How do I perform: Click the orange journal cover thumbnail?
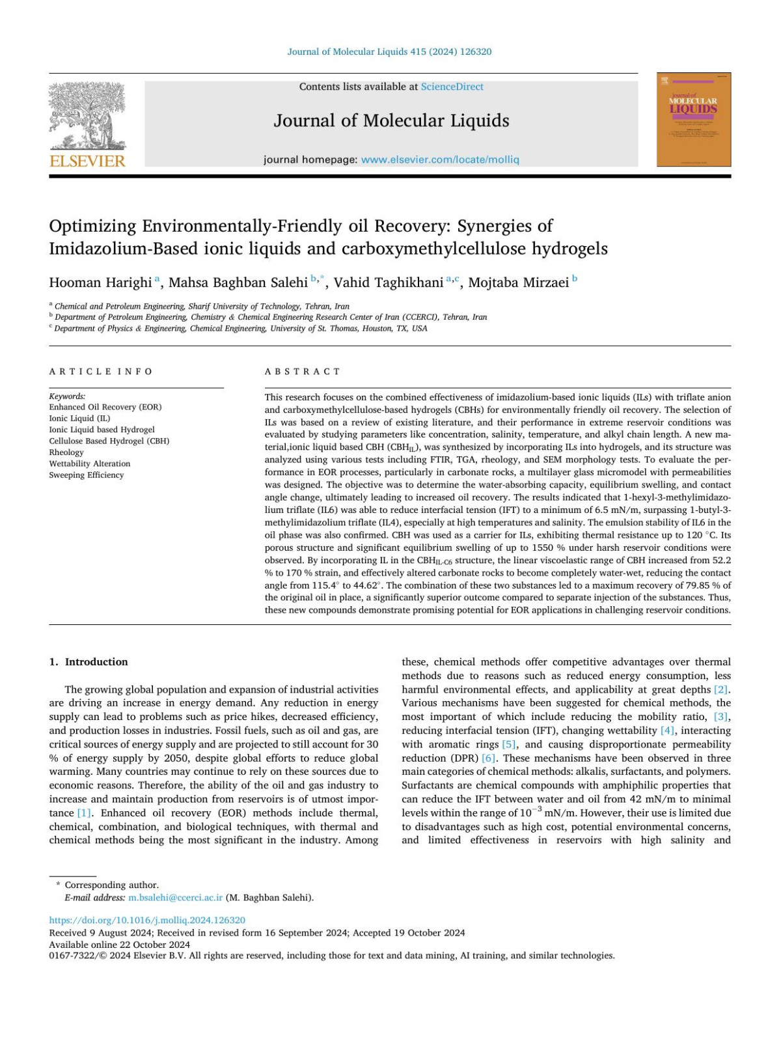pyautogui.click(x=693, y=120)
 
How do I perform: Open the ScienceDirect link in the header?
pyautogui.click(x=452, y=87)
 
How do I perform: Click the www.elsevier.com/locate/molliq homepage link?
pyautogui.click(x=440, y=160)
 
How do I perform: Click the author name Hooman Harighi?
pyautogui.click(x=100, y=283)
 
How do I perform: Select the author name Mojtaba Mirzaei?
pyautogui.click(x=518, y=283)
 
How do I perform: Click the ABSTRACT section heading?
pyautogui.click(x=302, y=372)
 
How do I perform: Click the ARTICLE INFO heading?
pyautogui.click(x=101, y=372)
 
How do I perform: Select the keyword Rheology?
pyautogui.click(x=66, y=452)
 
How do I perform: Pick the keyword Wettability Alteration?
pyautogui.click(x=90, y=464)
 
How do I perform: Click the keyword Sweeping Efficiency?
pyautogui.click(x=87, y=475)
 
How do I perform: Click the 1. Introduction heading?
pyautogui.click(x=89, y=662)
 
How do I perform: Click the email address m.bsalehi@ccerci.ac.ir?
pyautogui.click(x=175, y=898)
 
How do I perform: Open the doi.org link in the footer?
pyautogui.click(x=147, y=921)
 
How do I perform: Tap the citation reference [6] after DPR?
pyautogui.click(x=488, y=758)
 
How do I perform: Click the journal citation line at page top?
pyautogui.click(x=389, y=51)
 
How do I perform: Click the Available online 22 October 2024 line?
pyautogui.click(x=120, y=945)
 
